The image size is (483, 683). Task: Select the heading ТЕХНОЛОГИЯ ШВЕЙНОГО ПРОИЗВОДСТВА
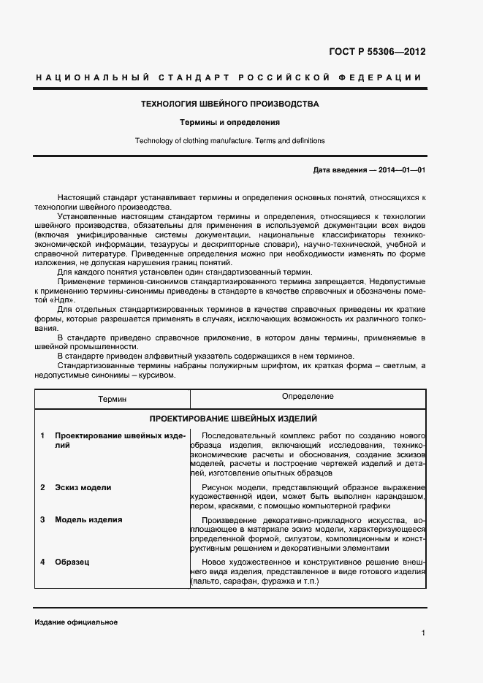tap(230, 104)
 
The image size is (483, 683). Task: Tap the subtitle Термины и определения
tap(230, 123)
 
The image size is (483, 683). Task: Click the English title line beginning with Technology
tap(230, 141)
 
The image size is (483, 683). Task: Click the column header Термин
tap(113, 400)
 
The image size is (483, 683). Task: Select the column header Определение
tap(308, 397)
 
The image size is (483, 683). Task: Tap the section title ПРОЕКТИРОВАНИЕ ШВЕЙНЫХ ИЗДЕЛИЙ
tap(233, 419)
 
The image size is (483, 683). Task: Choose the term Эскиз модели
tap(83, 487)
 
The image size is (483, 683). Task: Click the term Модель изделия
tap(88, 520)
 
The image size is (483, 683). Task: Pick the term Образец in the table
tap(73, 562)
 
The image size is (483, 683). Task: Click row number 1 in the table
tap(42, 436)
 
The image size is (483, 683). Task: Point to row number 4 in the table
tap(42, 562)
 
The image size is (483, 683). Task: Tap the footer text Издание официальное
tap(76, 622)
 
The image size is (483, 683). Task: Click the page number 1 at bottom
tap(423, 633)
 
